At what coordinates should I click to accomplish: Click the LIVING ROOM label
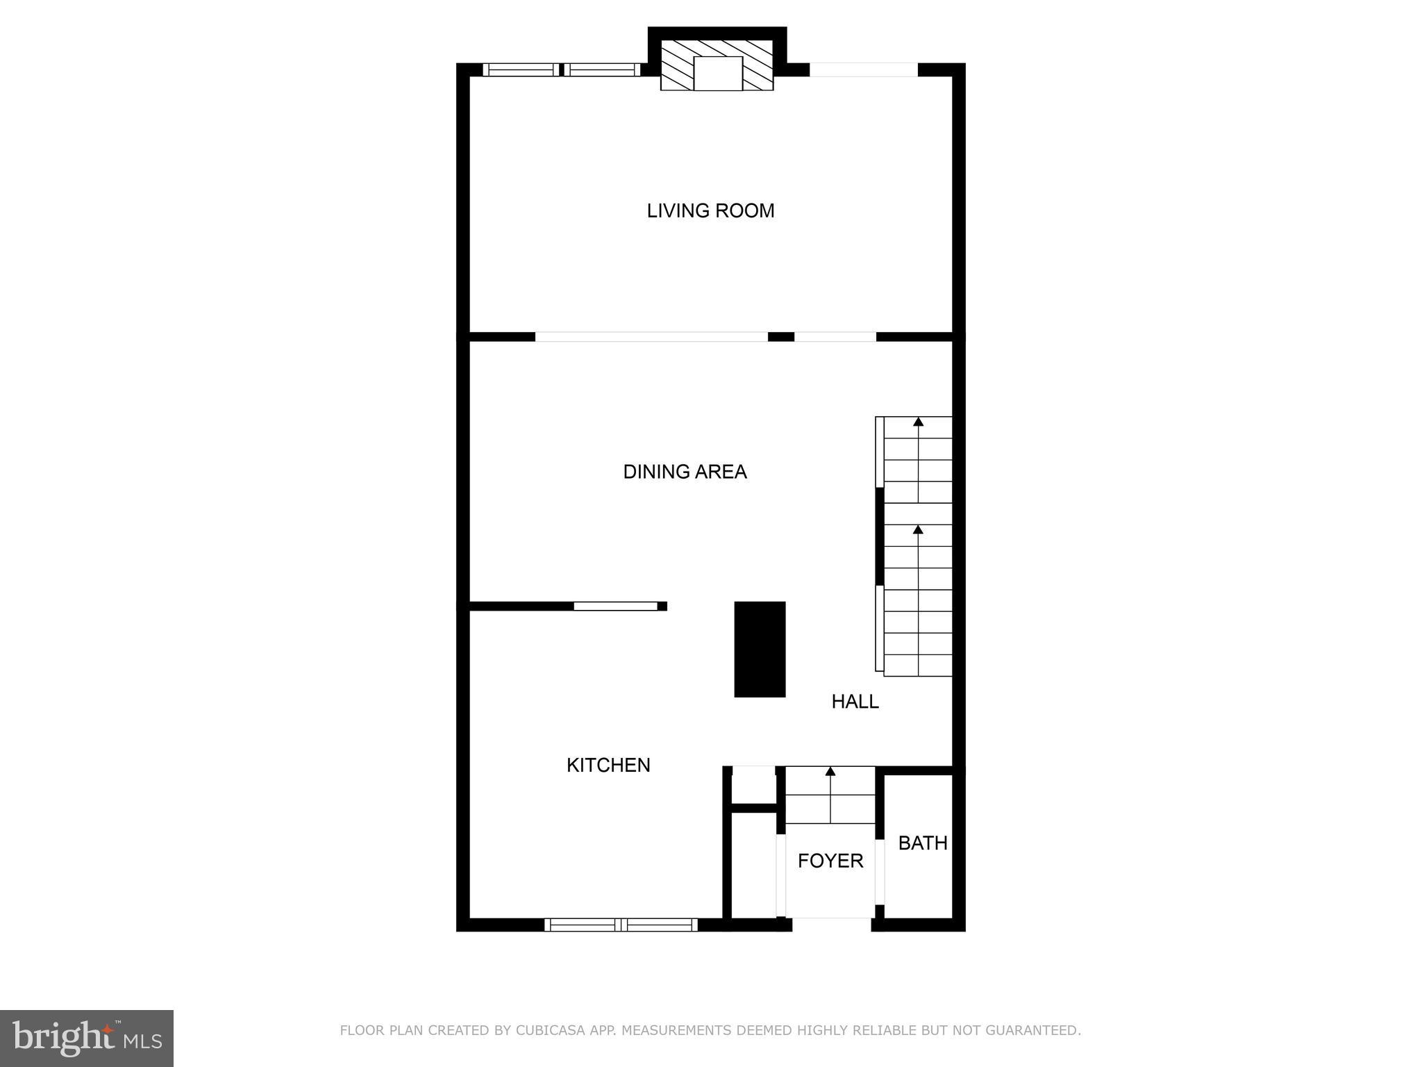click(710, 210)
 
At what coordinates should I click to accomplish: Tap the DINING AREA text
click(685, 472)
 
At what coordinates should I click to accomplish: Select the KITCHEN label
click(608, 765)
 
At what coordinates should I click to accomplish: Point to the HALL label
click(855, 702)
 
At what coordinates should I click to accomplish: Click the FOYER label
click(830, 861)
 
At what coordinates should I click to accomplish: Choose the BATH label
click(922, 843)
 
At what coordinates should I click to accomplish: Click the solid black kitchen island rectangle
click(760, 649)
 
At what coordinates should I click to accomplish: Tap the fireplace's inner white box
click(718, 74)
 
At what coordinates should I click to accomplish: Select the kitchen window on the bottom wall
click(621, 925)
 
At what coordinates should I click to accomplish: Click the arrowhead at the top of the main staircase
click(918, 422)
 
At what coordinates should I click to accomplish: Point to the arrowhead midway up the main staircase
click(918, 530)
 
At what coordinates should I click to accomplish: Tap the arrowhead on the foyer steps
click(830, 771)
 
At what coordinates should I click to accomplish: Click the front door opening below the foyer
click(831, 924)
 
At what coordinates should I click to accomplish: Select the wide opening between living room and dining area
click(651, 337)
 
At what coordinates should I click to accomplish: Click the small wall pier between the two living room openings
click(780, 337)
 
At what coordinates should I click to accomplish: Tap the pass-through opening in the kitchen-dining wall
click(615, 606)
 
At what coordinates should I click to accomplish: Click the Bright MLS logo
click(87, 1038)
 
